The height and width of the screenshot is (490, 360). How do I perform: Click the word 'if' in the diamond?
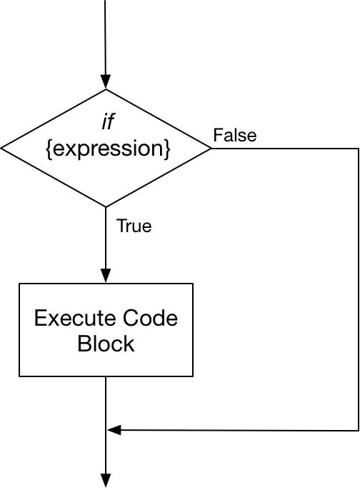point(108,121)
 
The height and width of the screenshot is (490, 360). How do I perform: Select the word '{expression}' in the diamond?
point(108,149)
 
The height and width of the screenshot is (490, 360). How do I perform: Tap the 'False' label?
point(235,135)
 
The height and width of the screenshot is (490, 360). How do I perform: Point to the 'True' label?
point(134,226)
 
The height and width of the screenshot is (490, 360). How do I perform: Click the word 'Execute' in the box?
point(75,318)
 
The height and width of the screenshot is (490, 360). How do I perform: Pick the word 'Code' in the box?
point(150,318)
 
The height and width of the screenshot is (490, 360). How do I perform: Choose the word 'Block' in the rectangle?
point(106,344)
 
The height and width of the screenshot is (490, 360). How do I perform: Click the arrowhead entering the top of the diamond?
point(106,82)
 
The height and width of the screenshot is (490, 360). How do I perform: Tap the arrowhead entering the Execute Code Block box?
point(106,276)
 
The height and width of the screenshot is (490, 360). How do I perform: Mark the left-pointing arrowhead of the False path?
point(114,430)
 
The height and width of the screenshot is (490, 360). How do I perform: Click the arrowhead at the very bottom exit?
point(106,481)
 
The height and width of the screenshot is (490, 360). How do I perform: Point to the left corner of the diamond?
point(1,149)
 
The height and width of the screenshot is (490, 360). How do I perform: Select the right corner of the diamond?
point(211,149)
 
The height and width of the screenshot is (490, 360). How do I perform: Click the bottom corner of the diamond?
point(106,206)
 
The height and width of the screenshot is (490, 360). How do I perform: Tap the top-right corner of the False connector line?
point(359,149)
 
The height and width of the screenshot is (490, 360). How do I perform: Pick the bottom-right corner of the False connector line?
point(359,431)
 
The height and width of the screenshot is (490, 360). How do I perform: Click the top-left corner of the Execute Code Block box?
point(19,284)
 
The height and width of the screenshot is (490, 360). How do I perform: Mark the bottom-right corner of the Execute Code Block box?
point(193,376)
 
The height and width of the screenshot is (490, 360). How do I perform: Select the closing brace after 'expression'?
point(167,150)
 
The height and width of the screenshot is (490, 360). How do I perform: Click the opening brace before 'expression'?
point(49,150)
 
